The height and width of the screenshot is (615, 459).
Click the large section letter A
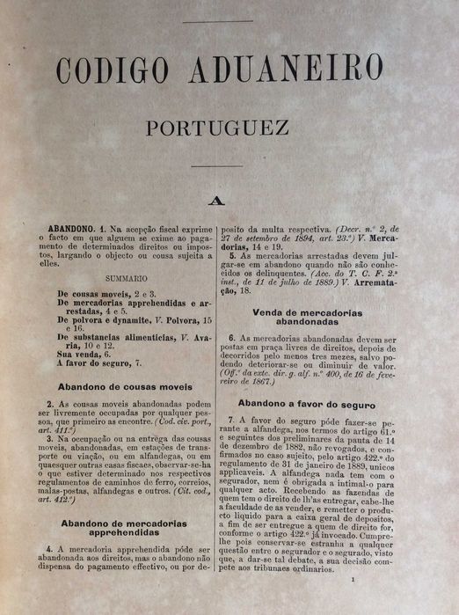[x=215, y=200]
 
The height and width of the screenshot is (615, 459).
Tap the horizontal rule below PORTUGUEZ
[x=216, y=165]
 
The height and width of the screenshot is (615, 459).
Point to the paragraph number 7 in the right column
[x=230, y=421]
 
